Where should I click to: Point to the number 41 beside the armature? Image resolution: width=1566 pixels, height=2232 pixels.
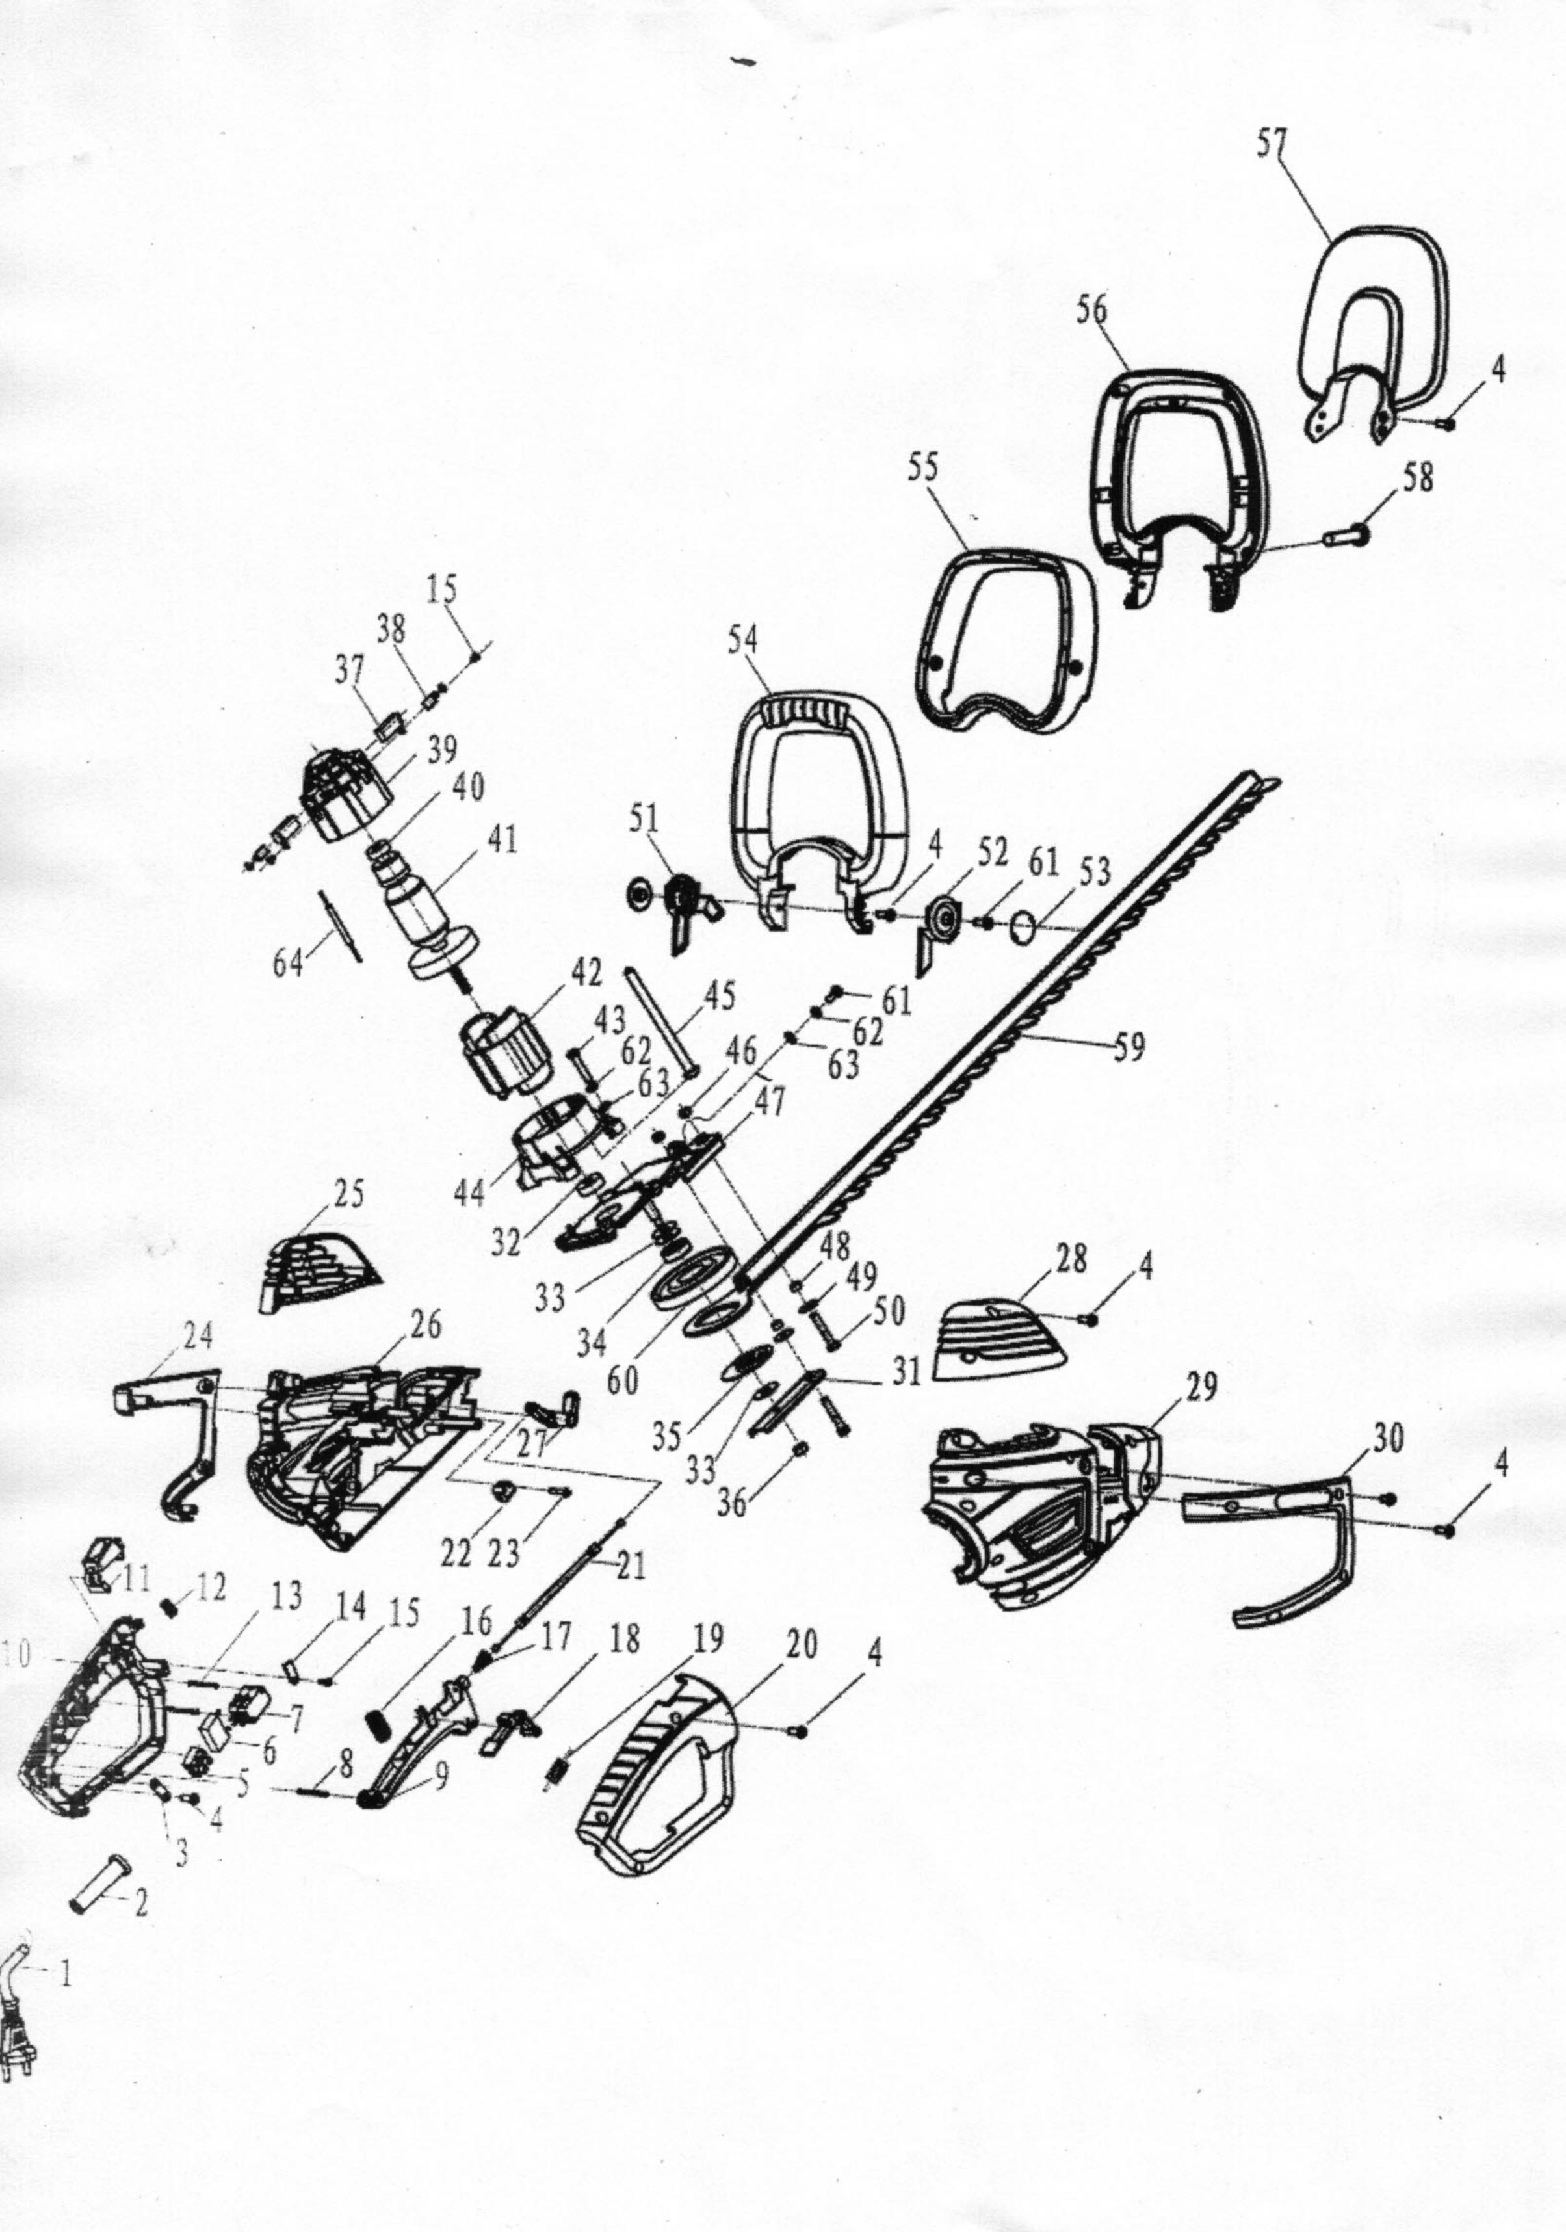click(x=502, y=840)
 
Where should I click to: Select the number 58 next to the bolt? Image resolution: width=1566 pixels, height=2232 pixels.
click(x=1418, y=479)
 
